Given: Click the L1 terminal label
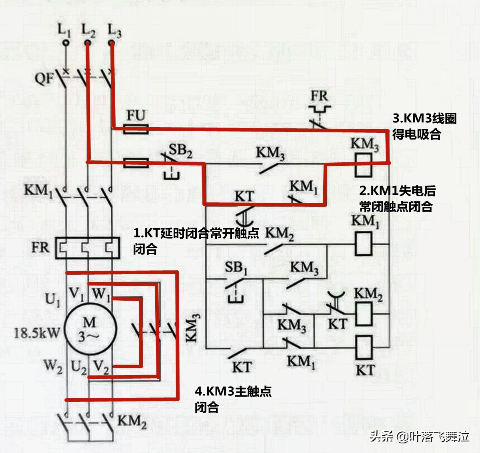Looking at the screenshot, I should click(x=64, y=30).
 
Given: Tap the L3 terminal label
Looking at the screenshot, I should click(x=114, y=30).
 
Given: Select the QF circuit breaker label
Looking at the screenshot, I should click(x=44, y=78).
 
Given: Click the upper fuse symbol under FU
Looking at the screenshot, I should click(x=136, y=129).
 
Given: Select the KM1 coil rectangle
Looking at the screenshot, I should click(x=363, y=243).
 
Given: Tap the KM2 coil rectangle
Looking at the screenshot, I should click(x=364, y=314).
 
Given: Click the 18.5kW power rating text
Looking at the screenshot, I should click(x=36, y=333).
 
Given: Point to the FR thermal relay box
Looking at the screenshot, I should click(x=87, y=248).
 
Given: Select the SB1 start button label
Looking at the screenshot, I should click(x=236, y=267).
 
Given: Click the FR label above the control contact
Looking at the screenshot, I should click(x=319, y=96).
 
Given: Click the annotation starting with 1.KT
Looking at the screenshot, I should click(x=196, y=240).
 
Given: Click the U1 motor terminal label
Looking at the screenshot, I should click(x=52, y=299).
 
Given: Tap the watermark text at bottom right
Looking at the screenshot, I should click(x=419, y=436).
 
